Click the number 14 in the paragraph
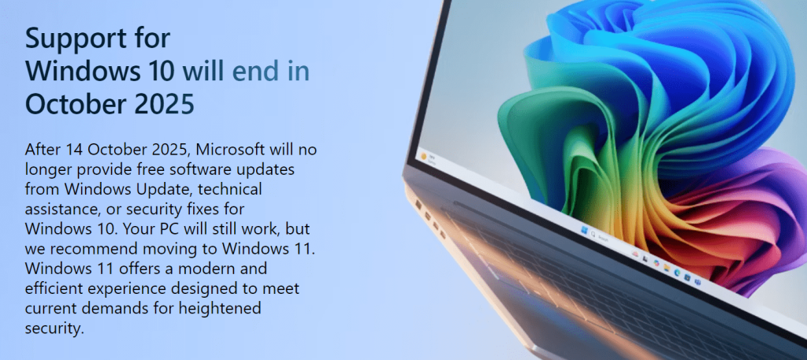pos(74,150)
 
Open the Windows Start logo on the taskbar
pos(585,230)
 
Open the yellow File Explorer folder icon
pos(667,267)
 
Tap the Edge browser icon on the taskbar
pos(677,272)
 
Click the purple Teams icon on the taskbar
pos(698,282)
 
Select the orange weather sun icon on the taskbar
pos(424,156)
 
